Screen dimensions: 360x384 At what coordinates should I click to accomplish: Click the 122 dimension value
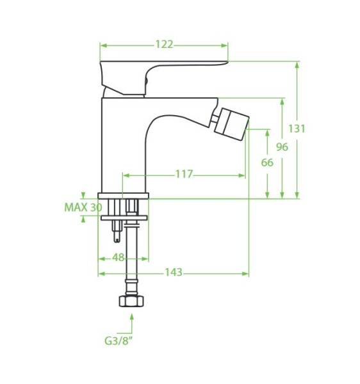tap(164, 45)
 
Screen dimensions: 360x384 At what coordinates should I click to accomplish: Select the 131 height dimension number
tap(297, 129)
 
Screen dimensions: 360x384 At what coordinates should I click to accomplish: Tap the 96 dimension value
tap(282, 147)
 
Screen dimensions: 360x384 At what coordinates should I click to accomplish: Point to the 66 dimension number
tap(267, 163)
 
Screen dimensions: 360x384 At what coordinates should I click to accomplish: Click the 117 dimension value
tap(184, 174)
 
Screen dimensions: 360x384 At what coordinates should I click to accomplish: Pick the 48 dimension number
tap(118, 258)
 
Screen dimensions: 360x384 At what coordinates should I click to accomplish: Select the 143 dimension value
tap(174, 272)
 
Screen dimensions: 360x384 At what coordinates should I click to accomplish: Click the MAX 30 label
tap(83, 207)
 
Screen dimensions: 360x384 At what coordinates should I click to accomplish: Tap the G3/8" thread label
tap(119, 341)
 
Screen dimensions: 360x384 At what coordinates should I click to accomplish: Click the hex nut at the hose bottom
tap(131, 301)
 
